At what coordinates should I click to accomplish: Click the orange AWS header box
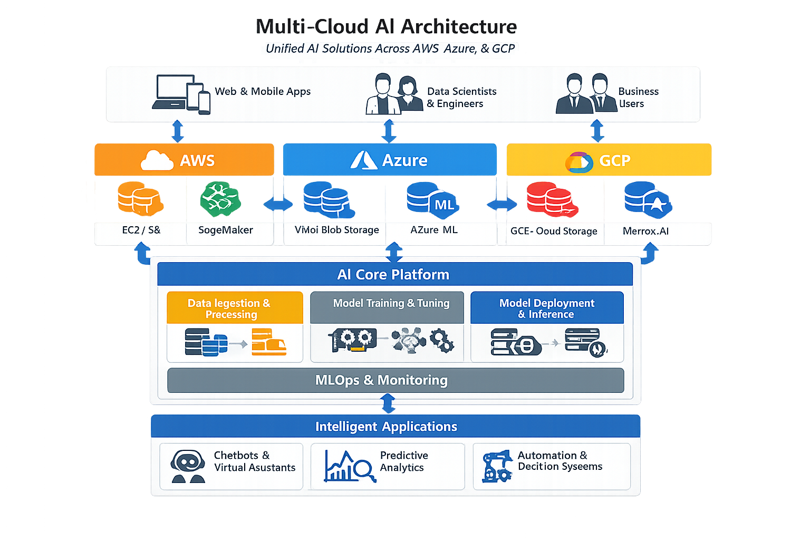(184, 160)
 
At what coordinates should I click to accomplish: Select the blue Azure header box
(390, 160)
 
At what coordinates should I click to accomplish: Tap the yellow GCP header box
(609, 160)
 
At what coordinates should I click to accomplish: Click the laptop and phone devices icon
(181, 94)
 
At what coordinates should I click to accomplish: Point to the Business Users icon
(586, 94)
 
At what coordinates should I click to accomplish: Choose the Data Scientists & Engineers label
(461, 98)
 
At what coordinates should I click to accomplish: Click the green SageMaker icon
(220, 199)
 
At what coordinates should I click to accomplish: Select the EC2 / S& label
(141, 230)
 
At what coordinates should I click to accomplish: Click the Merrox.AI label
(645, 231)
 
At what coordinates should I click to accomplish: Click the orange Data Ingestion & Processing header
(235, 308)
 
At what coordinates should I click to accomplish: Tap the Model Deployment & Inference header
(547, 308)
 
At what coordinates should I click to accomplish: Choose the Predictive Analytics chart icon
(349, 466)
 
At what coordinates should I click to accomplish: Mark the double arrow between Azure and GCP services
(502, 205)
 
